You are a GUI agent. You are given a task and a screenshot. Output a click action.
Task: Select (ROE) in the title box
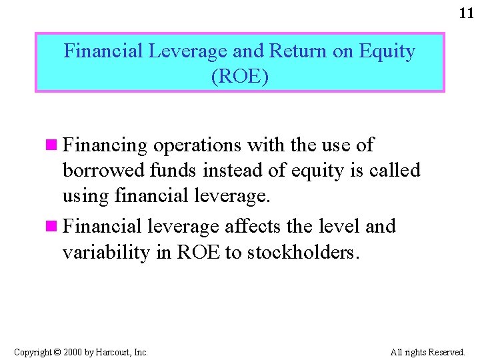[x=240, y=77]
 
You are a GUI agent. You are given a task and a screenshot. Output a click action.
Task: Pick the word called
[x=394, y=171]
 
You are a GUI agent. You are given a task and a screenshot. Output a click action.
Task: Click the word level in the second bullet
[x=337, y=227]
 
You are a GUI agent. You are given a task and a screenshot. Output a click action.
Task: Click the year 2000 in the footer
[x=73, y=352]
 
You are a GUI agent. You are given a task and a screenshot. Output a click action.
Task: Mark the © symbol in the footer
[x=57, y=352]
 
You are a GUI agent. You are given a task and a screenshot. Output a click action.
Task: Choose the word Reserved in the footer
[x=446, y=352]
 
